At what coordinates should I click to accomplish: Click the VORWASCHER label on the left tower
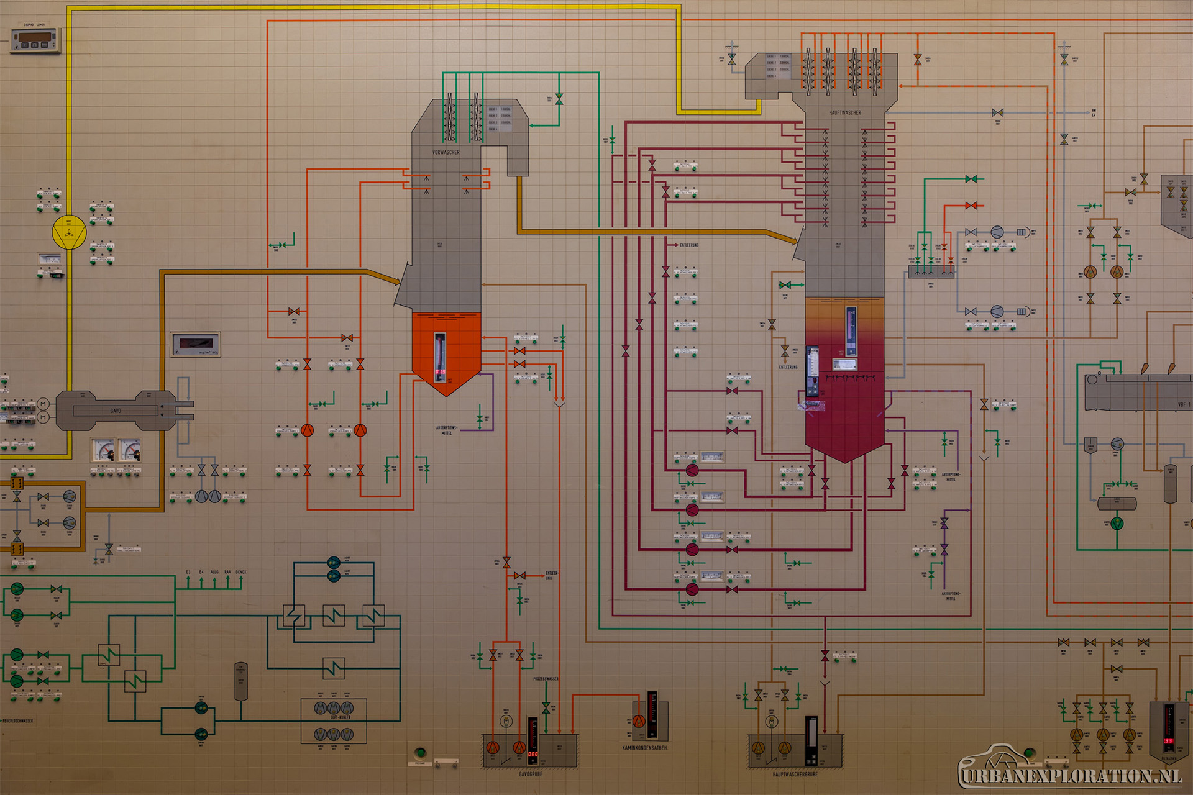tap(446, 152)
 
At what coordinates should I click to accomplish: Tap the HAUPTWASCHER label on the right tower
tap(845, 113)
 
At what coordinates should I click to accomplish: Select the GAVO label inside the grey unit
tap(116, 411)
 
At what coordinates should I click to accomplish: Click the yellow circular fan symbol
tap(69, 233)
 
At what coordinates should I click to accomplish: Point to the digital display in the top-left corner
tap(35, 39)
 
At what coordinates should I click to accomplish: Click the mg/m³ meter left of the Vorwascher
tap(196, 343)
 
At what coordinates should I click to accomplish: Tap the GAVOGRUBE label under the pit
tap(531, 775)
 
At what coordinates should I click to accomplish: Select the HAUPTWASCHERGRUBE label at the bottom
tap(795, 775)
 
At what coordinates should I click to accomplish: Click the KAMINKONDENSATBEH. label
tap(645, 748)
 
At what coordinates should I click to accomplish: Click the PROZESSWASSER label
tap(546, 679)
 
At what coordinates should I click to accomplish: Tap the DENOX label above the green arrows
tap(241, 572)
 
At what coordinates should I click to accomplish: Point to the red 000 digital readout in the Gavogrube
tap(533, 754)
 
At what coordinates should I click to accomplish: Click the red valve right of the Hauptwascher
tap(971, 206)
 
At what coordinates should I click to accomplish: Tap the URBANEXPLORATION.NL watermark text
tap(1070, 776)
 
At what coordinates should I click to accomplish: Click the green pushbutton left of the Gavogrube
tap(421, 753)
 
